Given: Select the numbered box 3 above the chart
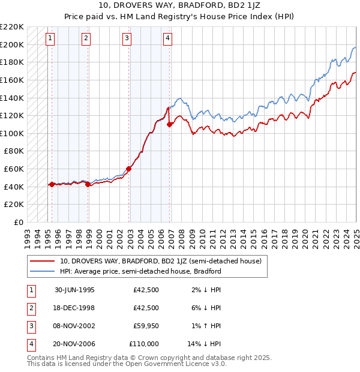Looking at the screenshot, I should click(127, 38).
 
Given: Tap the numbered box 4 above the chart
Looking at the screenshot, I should click(167, 38).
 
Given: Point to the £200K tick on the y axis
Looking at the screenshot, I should click(13, 44).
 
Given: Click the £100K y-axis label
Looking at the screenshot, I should click(13, 133).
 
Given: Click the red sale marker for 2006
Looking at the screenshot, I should click(170, 124).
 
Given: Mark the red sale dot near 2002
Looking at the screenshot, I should click(129, 169).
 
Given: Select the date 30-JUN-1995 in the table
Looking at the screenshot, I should click(74, 290).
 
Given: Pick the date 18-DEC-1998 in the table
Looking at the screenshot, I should click(74, 308).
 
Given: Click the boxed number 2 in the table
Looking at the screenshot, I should click(31, 308).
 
